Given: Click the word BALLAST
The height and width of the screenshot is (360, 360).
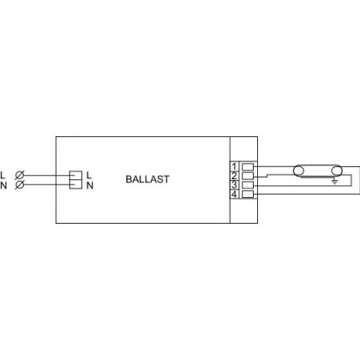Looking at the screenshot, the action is (147, 179).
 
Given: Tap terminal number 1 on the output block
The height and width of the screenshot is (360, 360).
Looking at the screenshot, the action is (234, 166).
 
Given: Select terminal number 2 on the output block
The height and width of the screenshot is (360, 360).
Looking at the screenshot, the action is (234, 176).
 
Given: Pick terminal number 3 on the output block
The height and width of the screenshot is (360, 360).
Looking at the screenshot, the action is (234, 185).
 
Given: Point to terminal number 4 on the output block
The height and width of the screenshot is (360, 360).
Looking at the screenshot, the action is (234, 195).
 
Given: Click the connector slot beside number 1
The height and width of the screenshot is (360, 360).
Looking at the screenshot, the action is (248, 166).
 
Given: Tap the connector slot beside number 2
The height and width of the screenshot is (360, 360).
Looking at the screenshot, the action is (248, 176).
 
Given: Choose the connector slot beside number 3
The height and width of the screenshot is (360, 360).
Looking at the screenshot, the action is (248, 185).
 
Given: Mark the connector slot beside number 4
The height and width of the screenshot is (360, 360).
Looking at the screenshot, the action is (248, 195).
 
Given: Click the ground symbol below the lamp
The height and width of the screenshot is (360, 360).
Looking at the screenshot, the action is (334, 181).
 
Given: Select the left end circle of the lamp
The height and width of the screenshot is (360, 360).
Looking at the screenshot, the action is (298, 171).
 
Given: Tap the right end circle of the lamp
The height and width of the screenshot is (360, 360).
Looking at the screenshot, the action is (337, 171).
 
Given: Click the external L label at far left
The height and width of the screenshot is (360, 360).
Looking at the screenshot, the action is (3, 175).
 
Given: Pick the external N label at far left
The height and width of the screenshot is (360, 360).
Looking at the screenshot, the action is (3, 185).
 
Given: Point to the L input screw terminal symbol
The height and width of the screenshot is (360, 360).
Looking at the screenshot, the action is (20, 175).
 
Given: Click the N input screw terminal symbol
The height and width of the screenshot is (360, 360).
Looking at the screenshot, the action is (19, 185).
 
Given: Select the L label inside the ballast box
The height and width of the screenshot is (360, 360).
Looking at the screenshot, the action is (89, 175).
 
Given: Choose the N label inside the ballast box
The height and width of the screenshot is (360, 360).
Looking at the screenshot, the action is (90, 185).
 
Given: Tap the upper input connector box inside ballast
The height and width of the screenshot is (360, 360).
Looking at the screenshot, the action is (75, 176).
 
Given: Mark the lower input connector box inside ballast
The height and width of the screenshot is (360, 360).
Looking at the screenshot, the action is (75, 184).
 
